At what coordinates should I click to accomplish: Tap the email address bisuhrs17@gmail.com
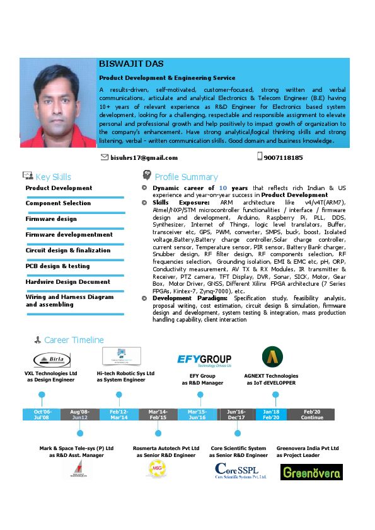pos(144,158)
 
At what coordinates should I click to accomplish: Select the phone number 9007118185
pos(283,158)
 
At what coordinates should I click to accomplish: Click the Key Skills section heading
pos(53,177)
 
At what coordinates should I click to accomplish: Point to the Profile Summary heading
pos(186,177)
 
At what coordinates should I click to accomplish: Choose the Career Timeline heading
pos(74,340)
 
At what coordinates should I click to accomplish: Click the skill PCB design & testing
pos(57,266)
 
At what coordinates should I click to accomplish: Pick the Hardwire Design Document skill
pos(67,281)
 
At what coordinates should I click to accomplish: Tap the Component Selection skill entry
pos(58,203)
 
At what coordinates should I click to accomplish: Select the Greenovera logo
pos(311,472)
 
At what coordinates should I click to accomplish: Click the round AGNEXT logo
pos(272,357)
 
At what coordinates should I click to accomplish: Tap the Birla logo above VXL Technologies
pos(52,359)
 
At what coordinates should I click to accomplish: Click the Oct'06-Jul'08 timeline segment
pos(42,414)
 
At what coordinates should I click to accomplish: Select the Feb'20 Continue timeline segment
pos(312,414)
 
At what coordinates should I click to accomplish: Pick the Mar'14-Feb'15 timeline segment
pos(158,414)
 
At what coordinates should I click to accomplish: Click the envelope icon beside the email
pos(105,157)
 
